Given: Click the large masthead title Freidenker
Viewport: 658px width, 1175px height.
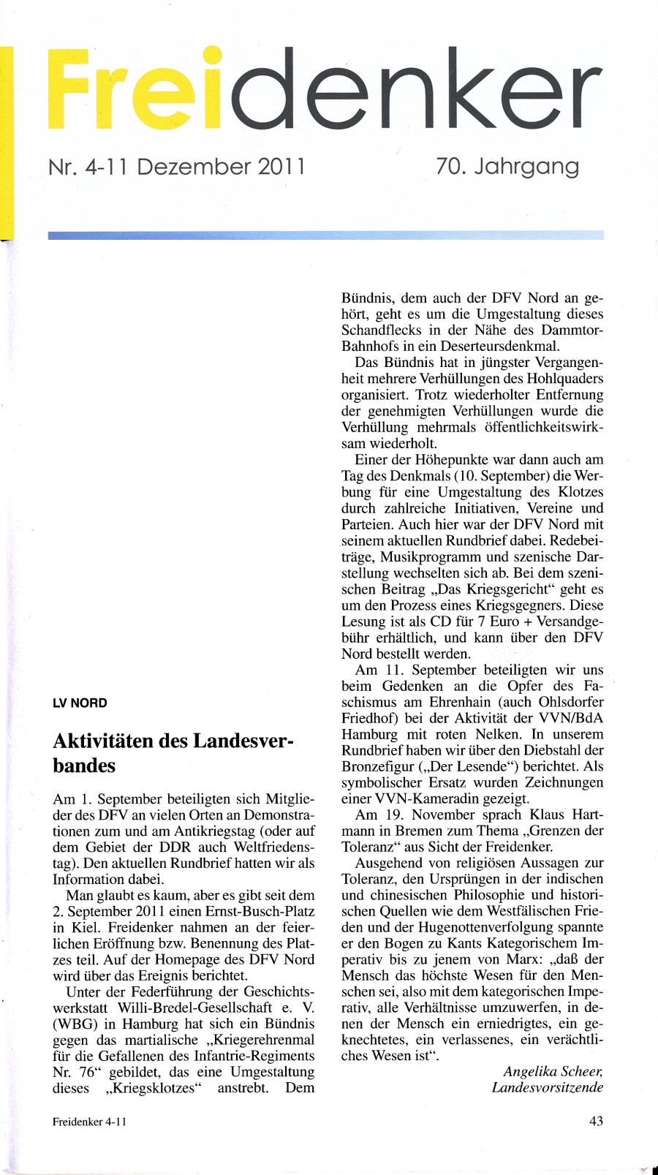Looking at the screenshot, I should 326,91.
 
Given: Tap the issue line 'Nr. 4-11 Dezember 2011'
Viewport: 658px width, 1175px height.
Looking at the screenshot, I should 176,167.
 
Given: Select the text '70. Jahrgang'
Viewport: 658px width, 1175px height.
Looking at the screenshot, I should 507,167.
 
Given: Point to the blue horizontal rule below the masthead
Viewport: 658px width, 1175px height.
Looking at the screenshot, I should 326,235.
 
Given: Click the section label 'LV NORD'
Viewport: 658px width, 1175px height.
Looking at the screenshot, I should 80,703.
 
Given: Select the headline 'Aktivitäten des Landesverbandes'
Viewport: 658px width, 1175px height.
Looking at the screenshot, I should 173,753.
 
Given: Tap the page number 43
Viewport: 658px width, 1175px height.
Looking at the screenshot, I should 596,1121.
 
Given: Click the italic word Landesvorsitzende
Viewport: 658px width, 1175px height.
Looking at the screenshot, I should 548,1087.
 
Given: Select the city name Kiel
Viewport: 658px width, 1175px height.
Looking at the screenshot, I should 86,928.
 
